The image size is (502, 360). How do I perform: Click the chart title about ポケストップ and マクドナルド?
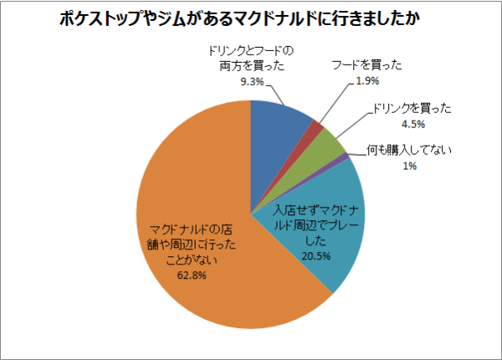tap(250, 18)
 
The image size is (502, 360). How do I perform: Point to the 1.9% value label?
tap(368, 80)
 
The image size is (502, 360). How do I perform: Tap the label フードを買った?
tap(367, 65)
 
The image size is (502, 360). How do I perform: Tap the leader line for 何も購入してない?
tap(357, 154)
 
